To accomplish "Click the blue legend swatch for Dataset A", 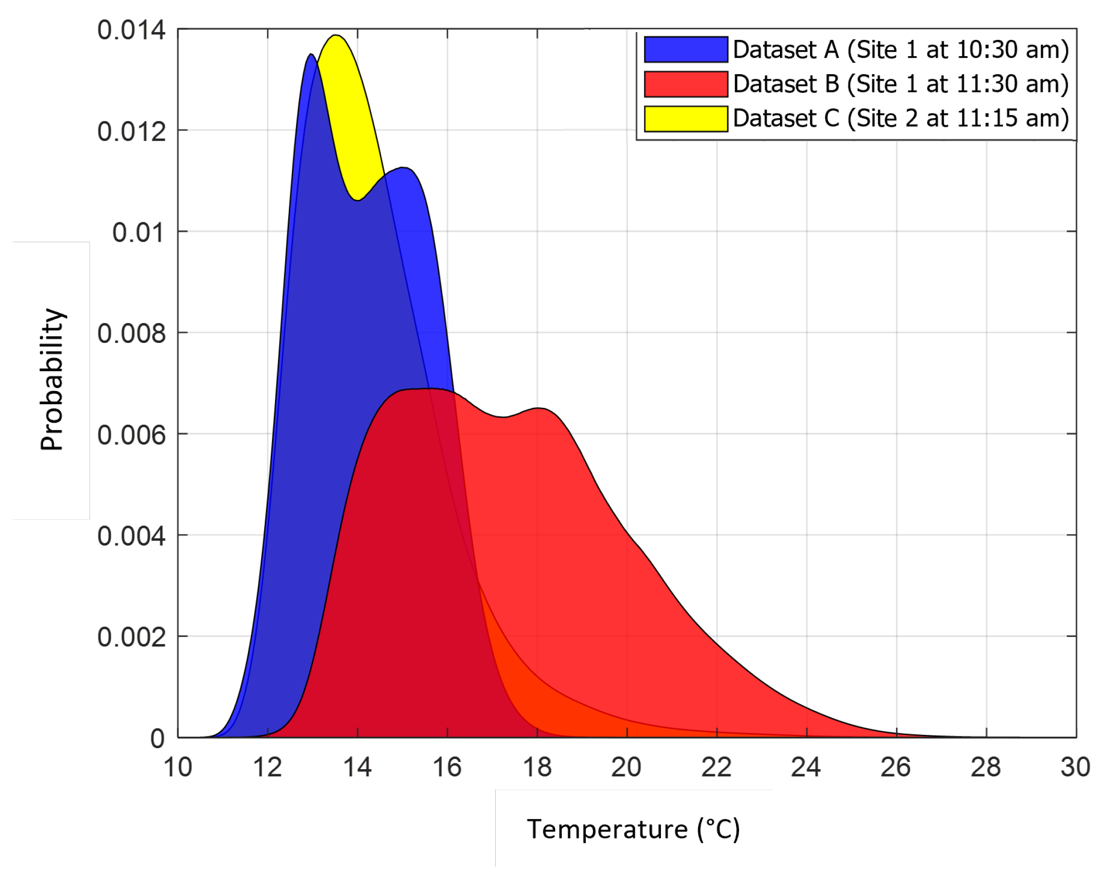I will pos(685,50).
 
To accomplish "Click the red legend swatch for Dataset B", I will pos(685,84).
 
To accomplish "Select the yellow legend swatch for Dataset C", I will pos(685,119).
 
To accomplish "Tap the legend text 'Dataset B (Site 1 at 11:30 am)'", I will pos(901,84).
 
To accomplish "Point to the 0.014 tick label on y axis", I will pos(131,30).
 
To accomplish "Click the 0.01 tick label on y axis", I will pos(139,233).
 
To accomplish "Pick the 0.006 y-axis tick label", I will pos(131,435).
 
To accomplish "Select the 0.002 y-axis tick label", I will pos(131,637).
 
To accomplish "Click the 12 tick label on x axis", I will pos(267,767).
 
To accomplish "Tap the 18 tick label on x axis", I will pos(537,767).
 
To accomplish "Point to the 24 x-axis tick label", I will pos(806,767).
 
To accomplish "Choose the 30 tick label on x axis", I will pos(1075,767).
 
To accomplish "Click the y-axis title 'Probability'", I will pos(52,380).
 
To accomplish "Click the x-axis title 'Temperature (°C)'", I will pos(633,829).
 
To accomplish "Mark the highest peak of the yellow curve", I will pos(336,36).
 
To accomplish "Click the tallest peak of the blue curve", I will pos(311,55).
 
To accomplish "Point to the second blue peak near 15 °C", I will pos(404,168).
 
